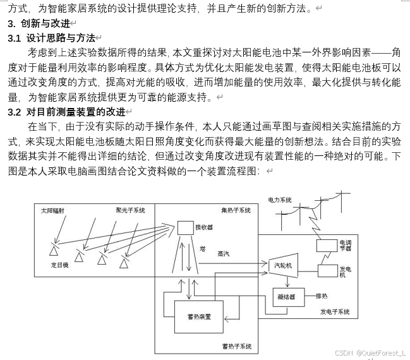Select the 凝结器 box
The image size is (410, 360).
click(285, 296)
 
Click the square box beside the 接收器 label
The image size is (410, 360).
click(185, 227)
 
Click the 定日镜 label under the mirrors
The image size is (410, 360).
click(61, 267)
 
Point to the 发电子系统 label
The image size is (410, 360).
click(335, 312)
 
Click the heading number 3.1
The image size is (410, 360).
click(15, 39)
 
